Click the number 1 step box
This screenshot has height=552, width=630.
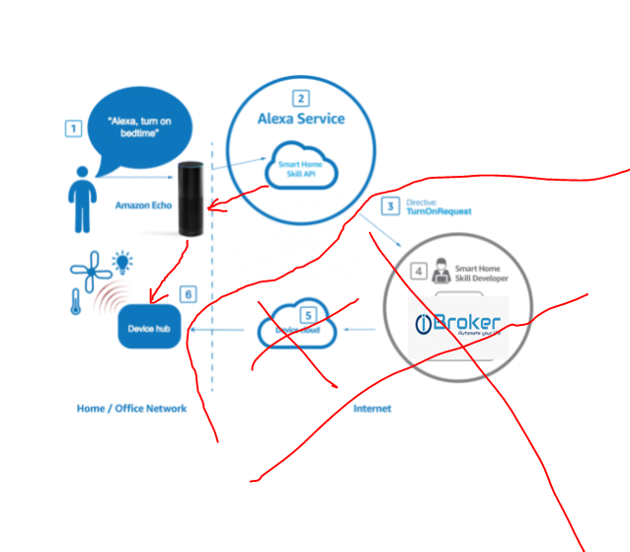click(73, 127)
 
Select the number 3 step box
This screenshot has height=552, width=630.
click(391, 206)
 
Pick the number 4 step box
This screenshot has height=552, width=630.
click(420, 270)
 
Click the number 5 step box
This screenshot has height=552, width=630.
click(307, 316)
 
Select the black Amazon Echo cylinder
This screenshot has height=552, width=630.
click(191, 197)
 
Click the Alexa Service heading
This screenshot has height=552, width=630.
click(301, 118)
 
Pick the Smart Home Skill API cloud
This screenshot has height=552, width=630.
click(302, 169)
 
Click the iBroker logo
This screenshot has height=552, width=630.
click(458, 324)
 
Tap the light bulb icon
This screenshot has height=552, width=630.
click(122, 262)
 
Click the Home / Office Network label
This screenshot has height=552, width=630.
click(131, 408)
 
